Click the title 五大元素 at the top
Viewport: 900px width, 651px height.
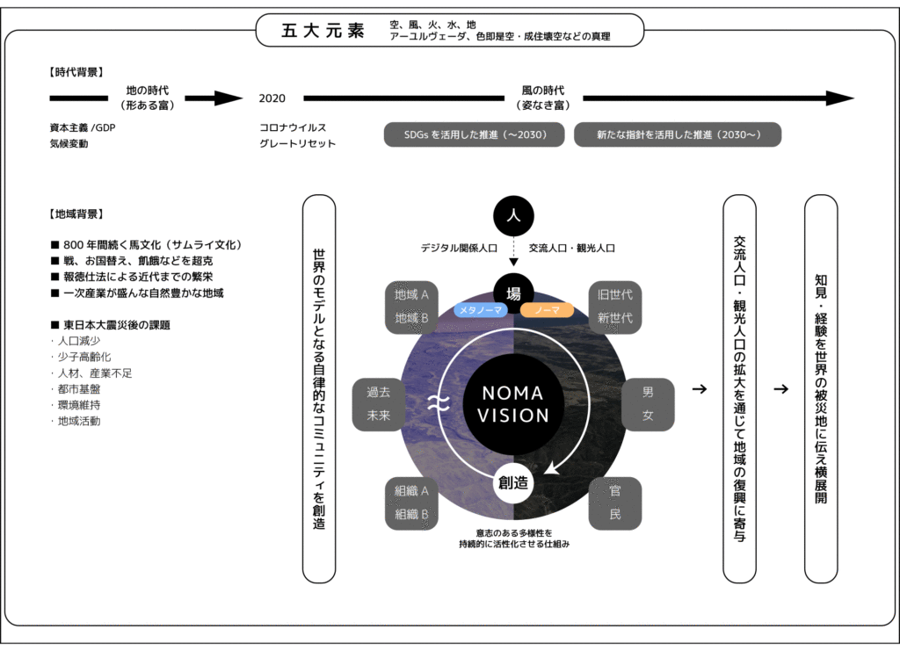(323, 31)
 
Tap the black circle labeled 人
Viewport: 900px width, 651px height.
(513, 215)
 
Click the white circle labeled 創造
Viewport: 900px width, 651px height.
(513, 482)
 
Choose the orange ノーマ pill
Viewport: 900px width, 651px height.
(547, 310)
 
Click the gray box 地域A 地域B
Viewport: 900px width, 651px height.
(412, 306)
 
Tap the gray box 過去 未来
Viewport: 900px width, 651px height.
(379, 404)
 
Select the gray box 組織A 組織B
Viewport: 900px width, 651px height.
(412, 503)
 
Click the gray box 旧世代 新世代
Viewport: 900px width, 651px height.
(615, 306)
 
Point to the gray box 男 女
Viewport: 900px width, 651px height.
(649, 404)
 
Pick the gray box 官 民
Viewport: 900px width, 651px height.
(615, 503)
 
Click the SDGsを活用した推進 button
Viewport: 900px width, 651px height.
(475, 134)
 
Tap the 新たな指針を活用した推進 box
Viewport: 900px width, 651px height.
(678, 134)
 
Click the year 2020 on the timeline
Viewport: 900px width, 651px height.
(272, 98)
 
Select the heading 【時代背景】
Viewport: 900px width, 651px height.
(77, 73)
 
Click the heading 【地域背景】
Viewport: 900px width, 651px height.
(77, 213)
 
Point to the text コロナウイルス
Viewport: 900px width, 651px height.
(293, 127)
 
